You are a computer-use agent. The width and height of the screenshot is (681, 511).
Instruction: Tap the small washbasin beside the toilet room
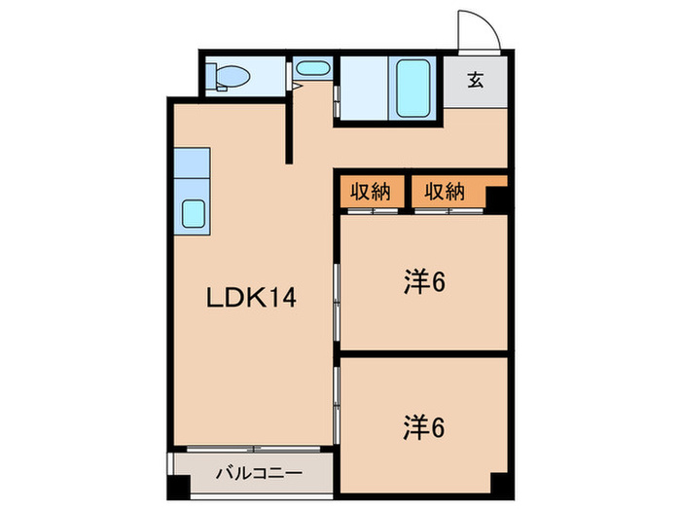tap(311, 71)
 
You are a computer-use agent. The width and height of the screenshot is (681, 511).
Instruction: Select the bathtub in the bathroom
tap(412, 88)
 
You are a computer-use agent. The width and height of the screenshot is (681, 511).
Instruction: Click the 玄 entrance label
tap(476, 81)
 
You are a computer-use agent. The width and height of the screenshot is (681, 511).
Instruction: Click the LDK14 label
tap(250, 299)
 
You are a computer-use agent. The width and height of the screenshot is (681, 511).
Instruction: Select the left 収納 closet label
tap(371, 192)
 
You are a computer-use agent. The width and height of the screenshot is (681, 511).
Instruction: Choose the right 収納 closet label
tap(444, 192)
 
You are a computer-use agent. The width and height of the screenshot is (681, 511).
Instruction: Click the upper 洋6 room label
tap(424, 283)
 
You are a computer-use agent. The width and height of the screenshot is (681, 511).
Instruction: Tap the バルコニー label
tap(259, 475)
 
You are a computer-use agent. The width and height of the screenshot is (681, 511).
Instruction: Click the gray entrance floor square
tap(476, 82)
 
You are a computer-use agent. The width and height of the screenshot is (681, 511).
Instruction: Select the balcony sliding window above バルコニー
tap(252, 450)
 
